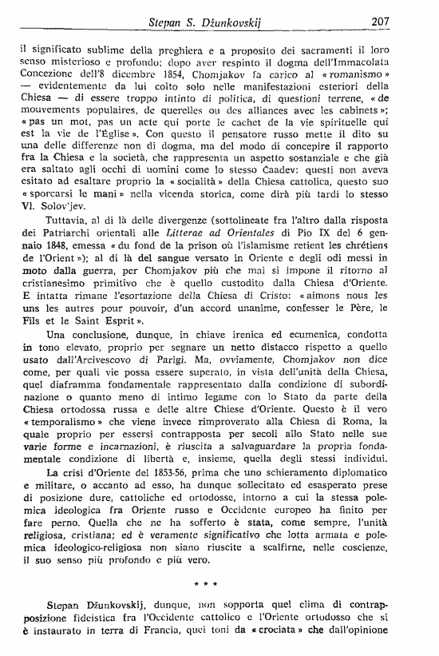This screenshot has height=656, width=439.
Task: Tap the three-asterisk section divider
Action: pos(220,605)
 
